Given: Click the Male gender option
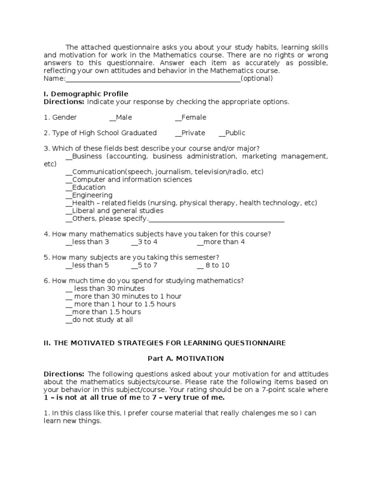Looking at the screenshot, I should [x=121, y=117].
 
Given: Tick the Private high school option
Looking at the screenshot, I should [x=190, y=133].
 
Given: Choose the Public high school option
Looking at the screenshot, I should [x=232, y=133].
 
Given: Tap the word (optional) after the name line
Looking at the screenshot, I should [x=257, y=78].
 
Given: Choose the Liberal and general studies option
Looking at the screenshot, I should [x=114, y=211].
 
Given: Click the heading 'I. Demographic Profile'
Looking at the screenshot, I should [x=86, y=93].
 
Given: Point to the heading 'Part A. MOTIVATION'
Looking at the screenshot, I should [x=186, y=358].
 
